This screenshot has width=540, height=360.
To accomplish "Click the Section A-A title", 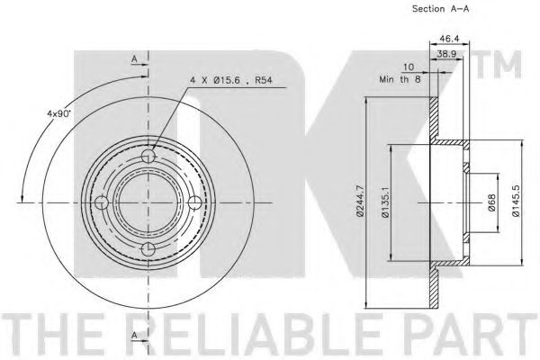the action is click(440, 9).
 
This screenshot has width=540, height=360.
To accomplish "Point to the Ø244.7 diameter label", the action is click(360, 202).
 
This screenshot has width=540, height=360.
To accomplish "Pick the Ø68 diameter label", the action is click(491, 202).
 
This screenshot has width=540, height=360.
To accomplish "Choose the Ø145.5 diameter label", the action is click(516, 201).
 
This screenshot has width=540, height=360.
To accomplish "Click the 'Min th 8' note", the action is click(400, 79).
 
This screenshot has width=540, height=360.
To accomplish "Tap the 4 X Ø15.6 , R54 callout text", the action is click(231, 81).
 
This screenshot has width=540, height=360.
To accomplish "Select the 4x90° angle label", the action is click(58, 113).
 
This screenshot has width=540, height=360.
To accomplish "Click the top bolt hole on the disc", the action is click(148, 156).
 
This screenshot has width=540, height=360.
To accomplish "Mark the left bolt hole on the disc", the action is click(102, 202).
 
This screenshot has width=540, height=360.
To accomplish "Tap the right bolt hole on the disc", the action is click(195, 202).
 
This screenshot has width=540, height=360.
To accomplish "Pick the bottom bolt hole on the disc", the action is click(148, 248).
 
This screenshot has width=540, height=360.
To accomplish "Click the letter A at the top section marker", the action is click(134, 59).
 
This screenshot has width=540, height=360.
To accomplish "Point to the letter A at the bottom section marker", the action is click(134, 335).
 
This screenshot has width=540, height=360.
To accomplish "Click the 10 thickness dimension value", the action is click(409, 67).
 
